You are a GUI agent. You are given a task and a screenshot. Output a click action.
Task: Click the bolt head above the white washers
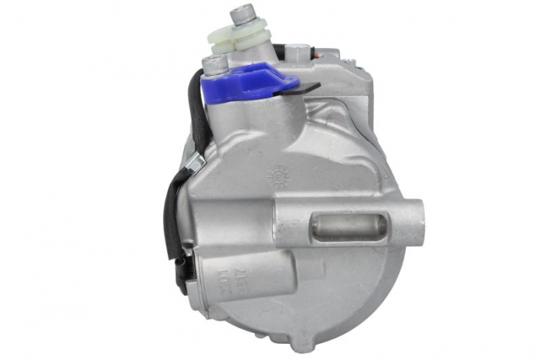point(245,12)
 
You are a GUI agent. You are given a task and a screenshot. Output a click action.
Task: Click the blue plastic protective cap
point(255,78)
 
